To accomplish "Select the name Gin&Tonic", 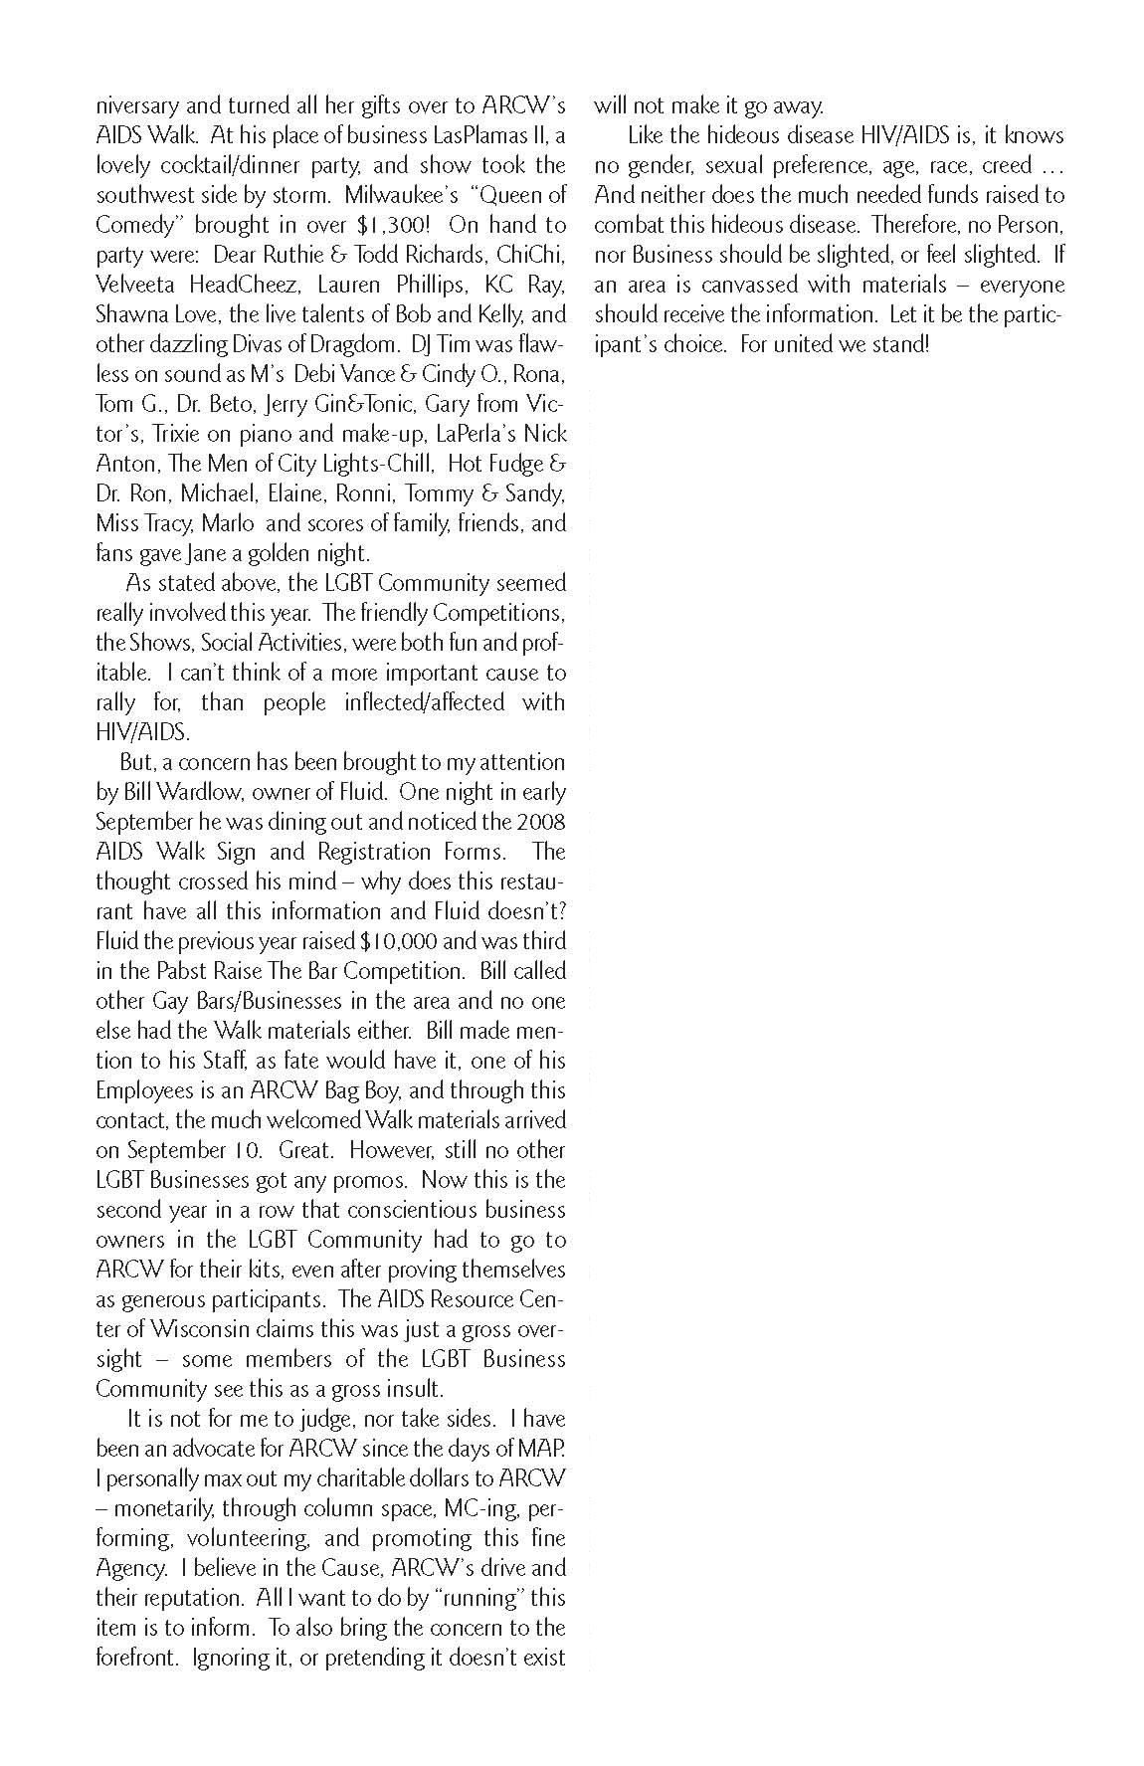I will (x=376, y=404).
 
